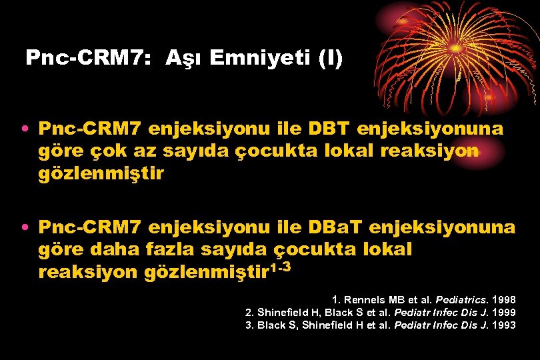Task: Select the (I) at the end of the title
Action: click(329, 59)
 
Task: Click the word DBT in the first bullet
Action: click(325, 128)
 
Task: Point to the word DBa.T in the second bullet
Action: click(335, 228)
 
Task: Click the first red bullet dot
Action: click(24, 129)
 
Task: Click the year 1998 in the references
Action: click(503, 300)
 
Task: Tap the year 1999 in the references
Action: click(503, 313)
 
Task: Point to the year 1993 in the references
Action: click(503, 325)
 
